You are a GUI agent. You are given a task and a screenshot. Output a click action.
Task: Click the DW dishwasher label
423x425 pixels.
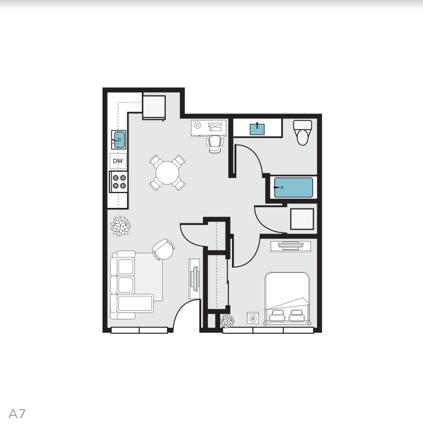pos(118,161)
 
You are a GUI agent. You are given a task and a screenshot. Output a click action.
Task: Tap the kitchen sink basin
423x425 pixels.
pos(118,140)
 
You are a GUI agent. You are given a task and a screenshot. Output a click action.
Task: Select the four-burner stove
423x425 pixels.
pos(119,182)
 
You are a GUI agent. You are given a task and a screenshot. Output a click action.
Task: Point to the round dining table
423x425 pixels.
pos(167,173)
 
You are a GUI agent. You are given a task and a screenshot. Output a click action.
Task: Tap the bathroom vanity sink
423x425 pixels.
pos(258,128)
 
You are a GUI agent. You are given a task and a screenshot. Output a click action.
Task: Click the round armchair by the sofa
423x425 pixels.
pos(163,248)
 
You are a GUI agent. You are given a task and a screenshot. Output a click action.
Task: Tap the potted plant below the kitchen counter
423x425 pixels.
pos(121,226)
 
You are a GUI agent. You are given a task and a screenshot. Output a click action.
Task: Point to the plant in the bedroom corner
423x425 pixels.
pos(227,321)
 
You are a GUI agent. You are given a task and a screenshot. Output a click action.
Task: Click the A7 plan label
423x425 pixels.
pos(17,413)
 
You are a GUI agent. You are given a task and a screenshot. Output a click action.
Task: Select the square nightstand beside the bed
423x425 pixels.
pos(253,318)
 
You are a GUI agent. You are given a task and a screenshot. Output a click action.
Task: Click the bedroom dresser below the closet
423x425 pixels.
pos(291,245)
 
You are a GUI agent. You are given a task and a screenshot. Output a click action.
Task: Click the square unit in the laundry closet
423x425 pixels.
pos(301,219)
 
